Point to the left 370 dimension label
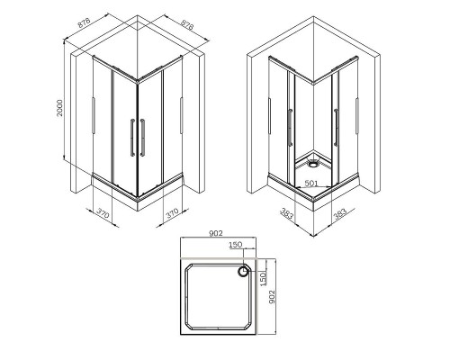click(102, 214)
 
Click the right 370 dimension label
click(173, 214)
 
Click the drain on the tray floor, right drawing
click(310, 165)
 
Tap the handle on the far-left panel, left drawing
click(93, 117)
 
